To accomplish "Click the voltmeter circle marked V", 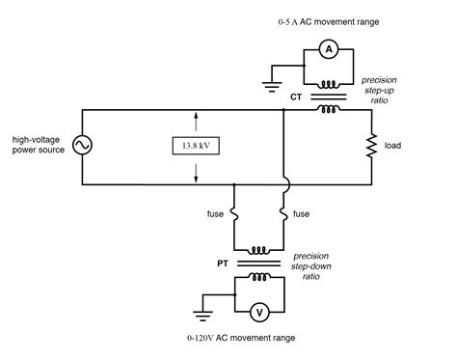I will pos(257,312).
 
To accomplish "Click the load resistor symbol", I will pos(372,146).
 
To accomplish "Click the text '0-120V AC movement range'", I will pos(243,338).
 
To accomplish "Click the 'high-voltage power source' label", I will pos(36,145).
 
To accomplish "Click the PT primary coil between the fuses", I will pos(258,248).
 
